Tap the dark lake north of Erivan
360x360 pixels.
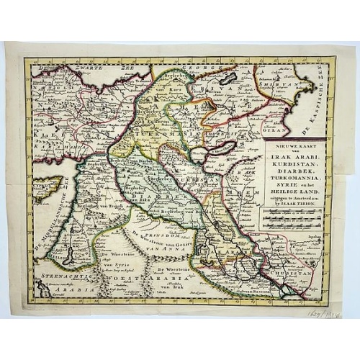click(228, 78)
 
